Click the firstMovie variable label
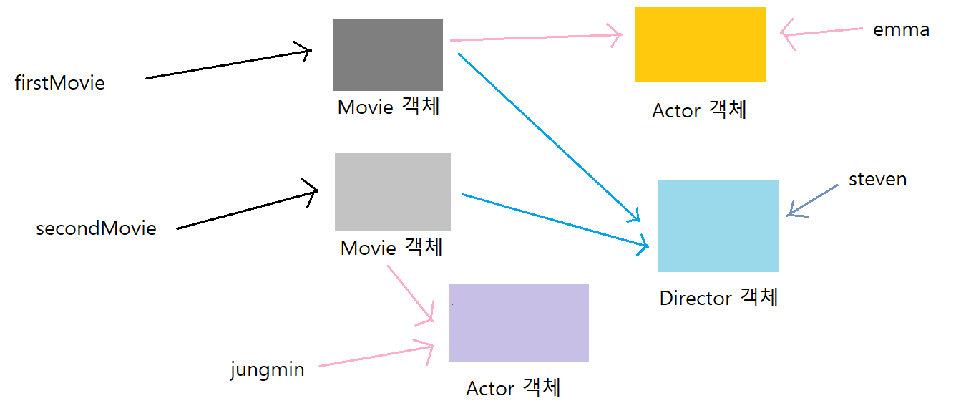point(60,83)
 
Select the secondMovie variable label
point(96,228)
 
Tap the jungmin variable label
point(267,370)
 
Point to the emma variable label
point(901,30)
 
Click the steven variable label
point(877,179)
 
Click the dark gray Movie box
point(388,55)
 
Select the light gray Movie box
point(393,192)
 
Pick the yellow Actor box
point(700,44)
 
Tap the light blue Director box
point(718,226)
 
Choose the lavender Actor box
point(519,323)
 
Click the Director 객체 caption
point(718,298)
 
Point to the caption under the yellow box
point(699,110)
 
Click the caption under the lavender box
point(513,388)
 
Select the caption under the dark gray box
point(389,107)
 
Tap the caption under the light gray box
point(391,248)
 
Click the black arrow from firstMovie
point(228,64)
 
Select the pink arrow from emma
point(823,32)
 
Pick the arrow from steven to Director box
point(813,200)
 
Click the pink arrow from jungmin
point(376,357)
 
